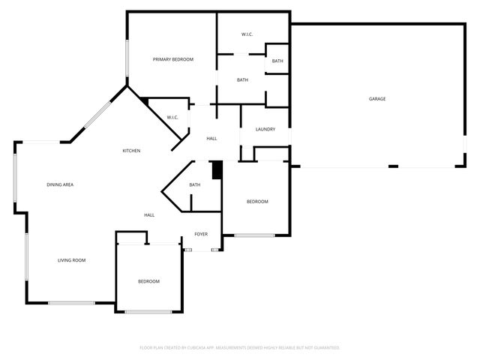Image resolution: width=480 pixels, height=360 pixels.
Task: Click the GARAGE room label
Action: tap(376, 98)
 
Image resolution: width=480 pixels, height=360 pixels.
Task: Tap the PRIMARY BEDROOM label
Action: tap(173, 59)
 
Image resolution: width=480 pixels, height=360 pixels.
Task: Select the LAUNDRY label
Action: tap(265, 129)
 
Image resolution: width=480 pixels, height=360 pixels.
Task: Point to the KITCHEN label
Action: tap(132, 151)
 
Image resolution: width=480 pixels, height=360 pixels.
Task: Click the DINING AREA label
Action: tap(60, 184)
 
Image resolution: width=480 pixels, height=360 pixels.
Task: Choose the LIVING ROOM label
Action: tap(72, 260)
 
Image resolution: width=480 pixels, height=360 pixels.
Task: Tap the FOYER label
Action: tap(201, 234)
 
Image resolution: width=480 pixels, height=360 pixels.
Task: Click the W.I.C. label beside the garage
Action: tap(247, 35)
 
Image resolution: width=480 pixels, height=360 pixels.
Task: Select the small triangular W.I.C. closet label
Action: tap(172, 117)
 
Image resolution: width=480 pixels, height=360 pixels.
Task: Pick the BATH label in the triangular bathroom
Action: tap(195, 185)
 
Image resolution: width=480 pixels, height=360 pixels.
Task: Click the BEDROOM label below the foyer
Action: tap(148, 281)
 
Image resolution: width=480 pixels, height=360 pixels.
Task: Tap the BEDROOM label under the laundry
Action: tap(257, 202)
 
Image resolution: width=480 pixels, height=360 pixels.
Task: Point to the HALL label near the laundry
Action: tap(212, 139)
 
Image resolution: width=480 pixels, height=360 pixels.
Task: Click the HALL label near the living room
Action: tap(149, 215)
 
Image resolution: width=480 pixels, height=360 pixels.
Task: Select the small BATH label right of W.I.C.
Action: tap(277, 61)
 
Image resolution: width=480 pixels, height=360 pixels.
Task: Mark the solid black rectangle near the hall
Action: tap(217, 170)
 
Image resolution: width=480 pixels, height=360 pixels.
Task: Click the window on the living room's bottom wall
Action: tap(72, 303)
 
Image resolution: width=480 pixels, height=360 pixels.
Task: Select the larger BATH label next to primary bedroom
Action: tap(242, 80)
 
